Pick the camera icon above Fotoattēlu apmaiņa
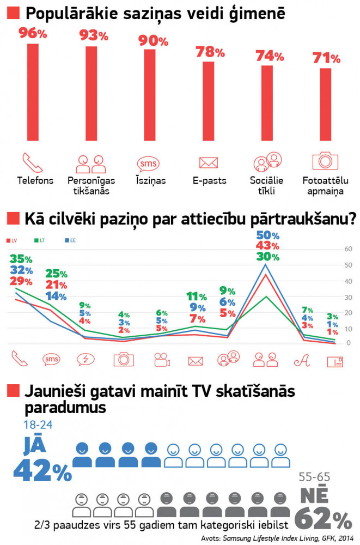pyautogui.click(x=325, y=161)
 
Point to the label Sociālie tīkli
pyautogui.click(x=267, y=186)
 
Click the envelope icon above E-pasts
pyautogui.click(x=209, y=162)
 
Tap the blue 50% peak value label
pyautogui.click(x=267, y=235)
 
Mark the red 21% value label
pyautogui.click(x=56, y=285)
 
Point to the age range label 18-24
pyautogui.click(x=36, y=424)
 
